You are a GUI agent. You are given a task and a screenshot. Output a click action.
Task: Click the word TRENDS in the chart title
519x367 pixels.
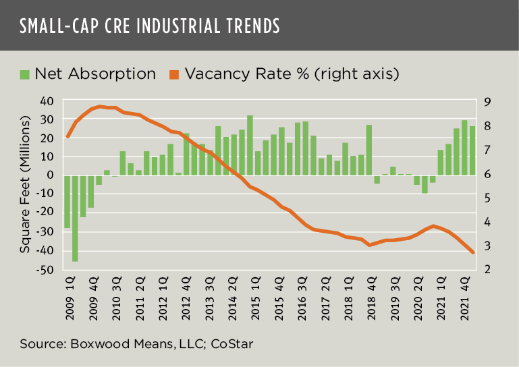tap(250, 26)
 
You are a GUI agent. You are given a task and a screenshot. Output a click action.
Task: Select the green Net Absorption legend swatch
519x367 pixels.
tap(25, 73)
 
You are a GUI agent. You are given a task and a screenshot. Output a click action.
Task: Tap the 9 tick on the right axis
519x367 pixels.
tap(486, 101)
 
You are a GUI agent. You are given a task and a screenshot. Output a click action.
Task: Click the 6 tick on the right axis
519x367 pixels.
tap(486, 175)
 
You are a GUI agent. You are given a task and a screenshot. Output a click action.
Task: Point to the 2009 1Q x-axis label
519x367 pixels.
tap(67, 298)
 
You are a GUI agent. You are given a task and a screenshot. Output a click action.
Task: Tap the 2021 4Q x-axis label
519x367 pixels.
tap(464, 298)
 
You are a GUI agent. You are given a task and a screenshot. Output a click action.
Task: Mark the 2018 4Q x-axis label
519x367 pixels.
tap(369, 298)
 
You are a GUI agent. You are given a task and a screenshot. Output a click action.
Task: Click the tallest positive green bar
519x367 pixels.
tap(250, 145)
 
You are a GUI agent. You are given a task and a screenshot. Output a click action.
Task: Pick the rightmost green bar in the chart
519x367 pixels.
tap(472, 150)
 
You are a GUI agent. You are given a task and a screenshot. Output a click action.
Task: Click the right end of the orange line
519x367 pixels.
tap(473, 253)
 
